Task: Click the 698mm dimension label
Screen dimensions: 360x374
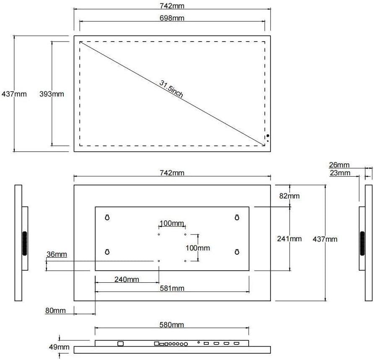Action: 172,18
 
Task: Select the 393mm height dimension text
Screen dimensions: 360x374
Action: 52,94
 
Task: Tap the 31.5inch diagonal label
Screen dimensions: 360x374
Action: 171,89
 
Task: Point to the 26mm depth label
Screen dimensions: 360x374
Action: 339,165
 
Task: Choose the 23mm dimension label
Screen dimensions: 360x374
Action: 340,173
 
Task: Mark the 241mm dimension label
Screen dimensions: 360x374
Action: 289,239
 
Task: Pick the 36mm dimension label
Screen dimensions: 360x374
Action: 57,255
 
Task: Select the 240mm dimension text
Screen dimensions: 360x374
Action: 127,279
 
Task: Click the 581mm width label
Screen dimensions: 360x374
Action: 172,288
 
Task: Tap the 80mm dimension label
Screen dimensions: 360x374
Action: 56,310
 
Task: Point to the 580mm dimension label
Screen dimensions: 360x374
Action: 172,325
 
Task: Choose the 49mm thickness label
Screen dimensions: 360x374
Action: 59,347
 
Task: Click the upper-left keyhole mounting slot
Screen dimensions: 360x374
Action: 107,217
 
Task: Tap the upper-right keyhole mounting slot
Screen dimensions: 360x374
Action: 237,217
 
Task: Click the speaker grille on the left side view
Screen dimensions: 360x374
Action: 25,243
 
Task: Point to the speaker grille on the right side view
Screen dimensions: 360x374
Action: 362,243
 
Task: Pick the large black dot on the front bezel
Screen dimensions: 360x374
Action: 268,136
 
